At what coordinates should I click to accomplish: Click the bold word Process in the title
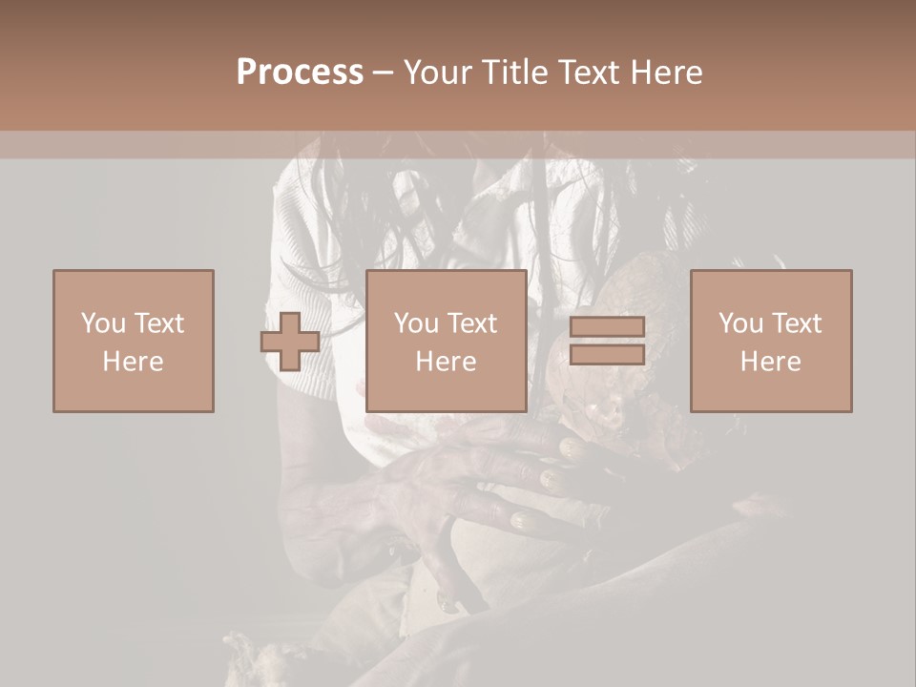300,73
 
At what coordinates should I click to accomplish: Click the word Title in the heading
516,73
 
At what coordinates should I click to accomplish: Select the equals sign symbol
607,342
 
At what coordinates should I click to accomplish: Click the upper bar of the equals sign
607,327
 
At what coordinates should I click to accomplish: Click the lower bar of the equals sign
607,355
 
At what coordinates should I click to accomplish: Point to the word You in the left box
103,323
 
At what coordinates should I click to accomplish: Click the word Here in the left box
133,362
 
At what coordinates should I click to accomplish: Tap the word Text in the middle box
472,323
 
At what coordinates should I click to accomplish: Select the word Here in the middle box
446,362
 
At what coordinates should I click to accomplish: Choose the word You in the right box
741,323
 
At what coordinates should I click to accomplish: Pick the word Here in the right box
770,362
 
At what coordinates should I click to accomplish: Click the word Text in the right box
797,323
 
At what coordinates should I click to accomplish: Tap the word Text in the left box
158,323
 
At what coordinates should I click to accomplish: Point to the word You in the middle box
417,323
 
